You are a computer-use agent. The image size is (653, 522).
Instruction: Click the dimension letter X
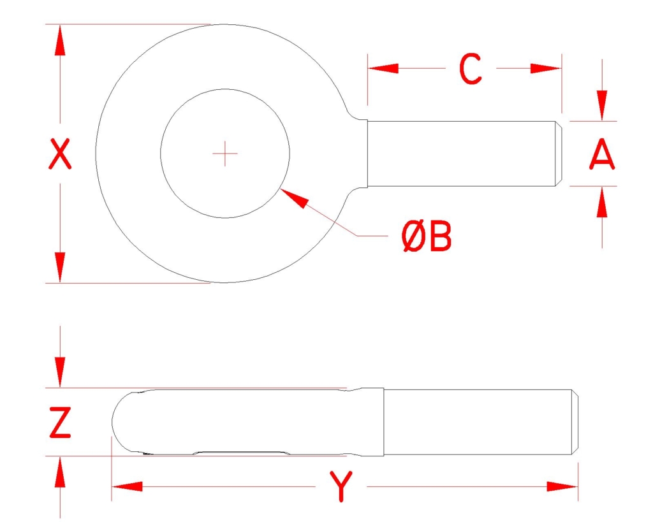(60, 154)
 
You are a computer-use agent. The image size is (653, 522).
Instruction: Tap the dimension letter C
(471, 69)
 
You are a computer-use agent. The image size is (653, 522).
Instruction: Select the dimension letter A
(602, 154)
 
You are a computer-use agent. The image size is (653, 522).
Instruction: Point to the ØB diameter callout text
(427, 236)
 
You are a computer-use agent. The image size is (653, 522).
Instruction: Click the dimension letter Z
(61, 423)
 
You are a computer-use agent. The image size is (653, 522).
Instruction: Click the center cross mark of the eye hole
(225, 154)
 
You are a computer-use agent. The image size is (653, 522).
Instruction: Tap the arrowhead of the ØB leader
(294, 198)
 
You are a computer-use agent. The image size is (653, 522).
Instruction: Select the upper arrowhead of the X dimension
(60, 40)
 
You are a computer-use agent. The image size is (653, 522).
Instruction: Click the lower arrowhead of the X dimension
(60, 267)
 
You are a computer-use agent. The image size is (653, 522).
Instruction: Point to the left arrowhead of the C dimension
(383, 68)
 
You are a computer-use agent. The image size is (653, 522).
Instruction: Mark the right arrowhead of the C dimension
(546, 68)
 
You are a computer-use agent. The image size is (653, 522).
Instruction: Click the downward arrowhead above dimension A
(602, 106)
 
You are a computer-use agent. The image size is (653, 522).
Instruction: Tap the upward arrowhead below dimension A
(602, 202)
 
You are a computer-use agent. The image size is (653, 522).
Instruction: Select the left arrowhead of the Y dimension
(128, 486)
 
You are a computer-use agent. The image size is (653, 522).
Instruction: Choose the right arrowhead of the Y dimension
(562, 486)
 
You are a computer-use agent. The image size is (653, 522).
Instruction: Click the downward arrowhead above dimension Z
(61, 372)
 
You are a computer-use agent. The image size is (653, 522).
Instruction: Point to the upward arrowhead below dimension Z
(61, 472)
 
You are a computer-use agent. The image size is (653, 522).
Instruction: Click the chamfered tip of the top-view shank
(559, 154)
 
